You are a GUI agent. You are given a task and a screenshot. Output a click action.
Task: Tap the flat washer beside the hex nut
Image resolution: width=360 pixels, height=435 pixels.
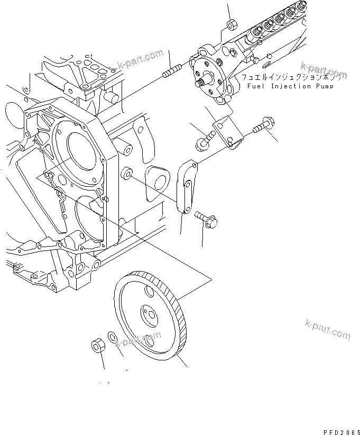(113, 337)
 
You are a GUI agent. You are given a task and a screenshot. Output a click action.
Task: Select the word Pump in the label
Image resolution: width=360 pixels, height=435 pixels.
(324, 86)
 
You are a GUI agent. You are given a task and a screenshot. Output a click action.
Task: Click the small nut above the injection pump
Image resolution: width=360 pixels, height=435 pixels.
(231, 24)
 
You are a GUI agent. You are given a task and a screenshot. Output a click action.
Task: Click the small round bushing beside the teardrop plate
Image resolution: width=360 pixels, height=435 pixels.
(127, 174)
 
